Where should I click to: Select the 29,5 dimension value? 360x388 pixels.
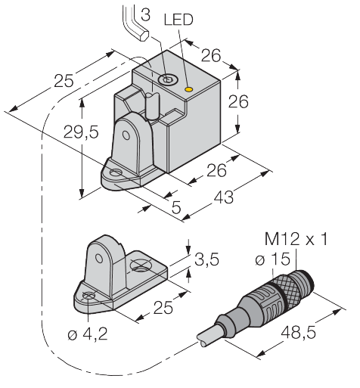61,132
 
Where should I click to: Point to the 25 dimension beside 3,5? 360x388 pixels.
164,307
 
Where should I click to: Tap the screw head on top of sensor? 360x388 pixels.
166,77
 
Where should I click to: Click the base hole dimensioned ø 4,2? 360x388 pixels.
89,296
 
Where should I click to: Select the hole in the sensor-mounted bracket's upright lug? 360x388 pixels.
139,130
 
